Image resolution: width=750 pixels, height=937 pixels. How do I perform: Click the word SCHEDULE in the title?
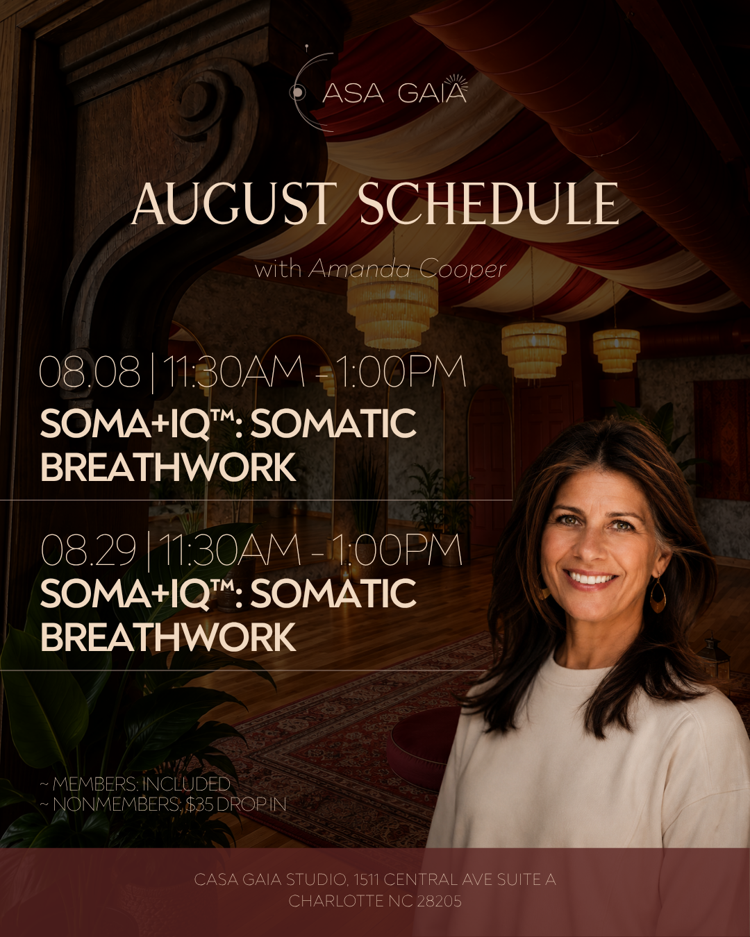pos(490,204)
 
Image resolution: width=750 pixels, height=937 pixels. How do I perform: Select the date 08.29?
pos(87,550)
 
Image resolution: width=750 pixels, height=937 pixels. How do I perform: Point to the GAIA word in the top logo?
pos(432,93)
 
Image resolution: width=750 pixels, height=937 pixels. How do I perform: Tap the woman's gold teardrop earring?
pos(657,595)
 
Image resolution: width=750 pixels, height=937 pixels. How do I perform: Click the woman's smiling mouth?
pos(591,579)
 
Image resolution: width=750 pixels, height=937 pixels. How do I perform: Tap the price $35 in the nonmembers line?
pos(199,804)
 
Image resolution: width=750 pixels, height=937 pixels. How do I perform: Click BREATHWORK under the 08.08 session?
pos(168,466)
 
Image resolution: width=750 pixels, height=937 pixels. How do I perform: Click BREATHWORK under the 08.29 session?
pos(168,637)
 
